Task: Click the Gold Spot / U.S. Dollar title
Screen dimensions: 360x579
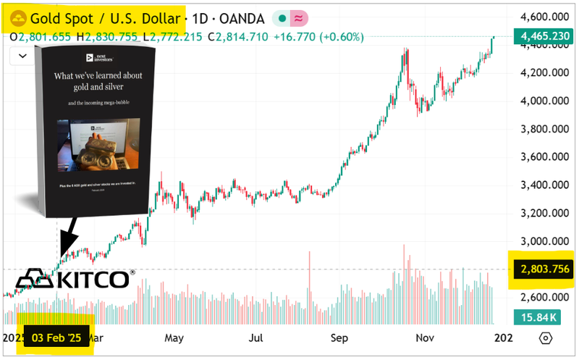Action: [107, 16]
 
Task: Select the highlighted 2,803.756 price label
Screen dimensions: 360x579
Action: [543, 269]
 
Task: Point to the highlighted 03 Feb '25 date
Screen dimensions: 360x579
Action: [56, 338]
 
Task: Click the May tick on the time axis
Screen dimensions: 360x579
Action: [174, 338]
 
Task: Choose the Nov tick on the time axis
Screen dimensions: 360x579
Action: [425, 338]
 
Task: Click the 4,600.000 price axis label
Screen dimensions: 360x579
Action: [543, 16]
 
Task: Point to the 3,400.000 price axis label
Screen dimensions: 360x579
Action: [543, 185]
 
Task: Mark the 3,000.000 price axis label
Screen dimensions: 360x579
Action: [543, 241]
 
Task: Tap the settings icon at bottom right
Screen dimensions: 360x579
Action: [546, 338]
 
